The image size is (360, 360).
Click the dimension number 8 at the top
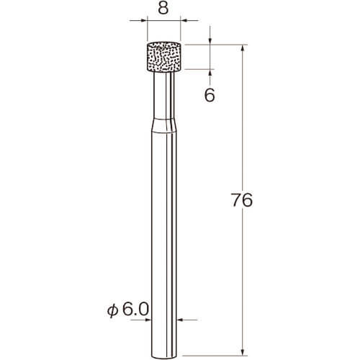(x=163, y=9)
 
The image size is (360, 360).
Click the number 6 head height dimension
(x=210, y=95)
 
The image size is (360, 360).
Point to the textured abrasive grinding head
(x=163, y=57)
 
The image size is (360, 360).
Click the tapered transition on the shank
(x=164, y=125)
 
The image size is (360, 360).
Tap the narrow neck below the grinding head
(x=164, y=95)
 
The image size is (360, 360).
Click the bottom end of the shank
(x=164, y=356)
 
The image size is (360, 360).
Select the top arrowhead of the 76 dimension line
(x=243, y=48)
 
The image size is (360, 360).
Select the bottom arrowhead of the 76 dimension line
(x=243, y=351)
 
